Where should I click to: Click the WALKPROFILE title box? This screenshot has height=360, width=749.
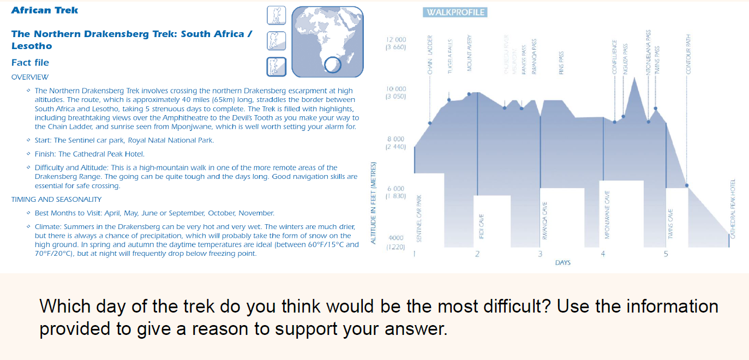point(454,13)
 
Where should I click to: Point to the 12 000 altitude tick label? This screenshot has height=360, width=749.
point(396,40)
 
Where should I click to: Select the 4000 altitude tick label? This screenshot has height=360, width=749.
point(396,238)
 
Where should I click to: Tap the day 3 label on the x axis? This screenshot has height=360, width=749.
point(540,254)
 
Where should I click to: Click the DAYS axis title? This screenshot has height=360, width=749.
point(562,263)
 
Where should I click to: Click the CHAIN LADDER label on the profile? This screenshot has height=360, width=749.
point(430,55)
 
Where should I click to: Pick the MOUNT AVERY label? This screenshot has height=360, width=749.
point(469,54)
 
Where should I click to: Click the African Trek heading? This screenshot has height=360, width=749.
point(45,10)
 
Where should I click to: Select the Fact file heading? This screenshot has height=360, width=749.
point(30,63)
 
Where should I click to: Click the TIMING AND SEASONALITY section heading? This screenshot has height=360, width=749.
point(56,200)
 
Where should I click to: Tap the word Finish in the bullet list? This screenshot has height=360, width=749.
point(45,154)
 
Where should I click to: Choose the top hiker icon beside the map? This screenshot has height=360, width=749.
point(277,15)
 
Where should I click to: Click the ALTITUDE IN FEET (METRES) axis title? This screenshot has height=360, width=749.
point(374,203)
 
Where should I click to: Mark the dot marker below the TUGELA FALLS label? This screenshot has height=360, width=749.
point(449,100)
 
